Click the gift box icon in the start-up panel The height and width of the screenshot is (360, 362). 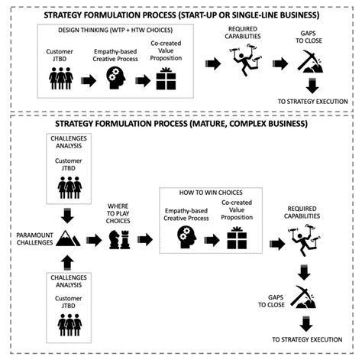166,79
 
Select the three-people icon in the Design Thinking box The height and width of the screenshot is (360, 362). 60,79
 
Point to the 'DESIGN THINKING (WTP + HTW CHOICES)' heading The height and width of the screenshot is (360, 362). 112,30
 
